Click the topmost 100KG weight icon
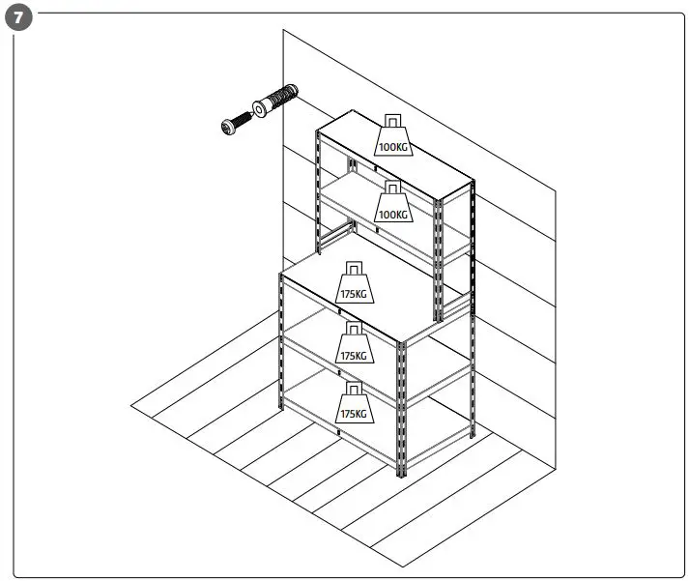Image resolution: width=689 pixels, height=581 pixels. [x=392, y=136]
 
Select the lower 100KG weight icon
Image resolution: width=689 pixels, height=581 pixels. [x=392, y=202]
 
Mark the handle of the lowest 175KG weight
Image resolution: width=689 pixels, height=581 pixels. [x=354, y=388]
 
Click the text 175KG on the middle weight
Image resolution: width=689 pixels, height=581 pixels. [x=354, y=355]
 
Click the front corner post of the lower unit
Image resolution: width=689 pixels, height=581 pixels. [x=401, y=406]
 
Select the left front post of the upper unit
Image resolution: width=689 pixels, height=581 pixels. [x=320, y=184]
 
